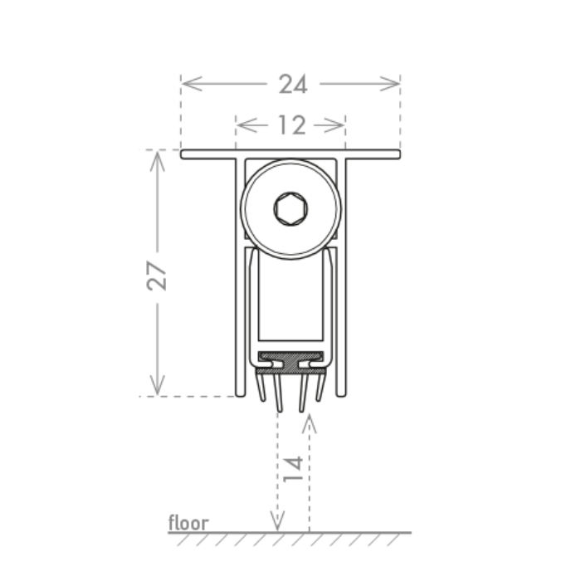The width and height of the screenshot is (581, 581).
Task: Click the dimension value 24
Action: pos(293,84)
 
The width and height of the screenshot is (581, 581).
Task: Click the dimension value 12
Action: pos(292,125)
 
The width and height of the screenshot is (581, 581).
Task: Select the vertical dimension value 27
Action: pos(156,276)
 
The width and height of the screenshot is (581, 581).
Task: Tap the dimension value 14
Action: pos(293,469)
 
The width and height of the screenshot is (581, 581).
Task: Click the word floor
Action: pos(188,522)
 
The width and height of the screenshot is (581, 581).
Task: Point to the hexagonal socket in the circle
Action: pos(290,208)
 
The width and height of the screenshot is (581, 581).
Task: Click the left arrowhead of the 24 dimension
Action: pos(192,84)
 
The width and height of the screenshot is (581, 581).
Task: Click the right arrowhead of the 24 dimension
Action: pos(390,84)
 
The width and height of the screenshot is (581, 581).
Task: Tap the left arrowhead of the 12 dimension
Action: pos(247,125)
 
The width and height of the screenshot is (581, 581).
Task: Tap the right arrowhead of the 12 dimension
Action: pos(334,125)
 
